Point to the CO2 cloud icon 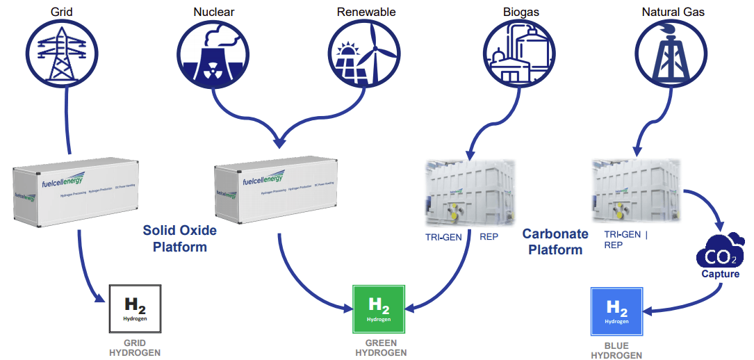click(720, 253)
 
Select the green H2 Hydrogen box click(379, 309)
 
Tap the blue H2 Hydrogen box click(616, 310)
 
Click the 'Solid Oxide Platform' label click(180, 238)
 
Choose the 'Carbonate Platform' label click(555, 241)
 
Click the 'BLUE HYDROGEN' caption click(616, 350)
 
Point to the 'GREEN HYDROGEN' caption click(381, 347)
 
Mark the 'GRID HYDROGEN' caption click(135, 347)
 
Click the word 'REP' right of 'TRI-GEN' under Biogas click(489, 236)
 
